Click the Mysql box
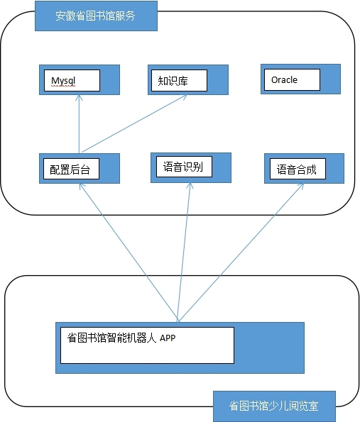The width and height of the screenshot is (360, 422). click(x=80, y=79)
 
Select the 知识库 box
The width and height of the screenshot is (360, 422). click(x=188, y=79)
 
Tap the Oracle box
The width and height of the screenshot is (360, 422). click(x=301, y=79)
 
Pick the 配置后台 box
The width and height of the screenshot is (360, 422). click(x=80, y=169)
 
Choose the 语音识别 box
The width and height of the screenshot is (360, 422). click(x=191, y=167)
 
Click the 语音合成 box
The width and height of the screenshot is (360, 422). click(x=304, y=169)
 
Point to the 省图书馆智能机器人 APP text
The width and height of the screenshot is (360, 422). click(x=121, y=338)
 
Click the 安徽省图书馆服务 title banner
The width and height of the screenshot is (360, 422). click(x=96, y=16)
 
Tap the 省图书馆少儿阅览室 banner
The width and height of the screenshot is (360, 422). click(x=274, y=406)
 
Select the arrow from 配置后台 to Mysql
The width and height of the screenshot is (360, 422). click(x=79, y=124)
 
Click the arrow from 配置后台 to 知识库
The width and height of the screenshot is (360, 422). click(x=134, y=123)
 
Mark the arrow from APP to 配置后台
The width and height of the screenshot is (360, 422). click(x=129, y=252)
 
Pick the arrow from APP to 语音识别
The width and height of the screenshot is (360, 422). click(x=184, y=252)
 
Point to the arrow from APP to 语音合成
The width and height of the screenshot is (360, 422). click(x=241, y=252)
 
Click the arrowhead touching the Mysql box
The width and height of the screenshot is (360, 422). click(x=79, y=97)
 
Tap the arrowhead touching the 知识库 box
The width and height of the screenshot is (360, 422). click(x=184, y=97)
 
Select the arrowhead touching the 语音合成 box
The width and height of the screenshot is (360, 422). click(x=301, y=187)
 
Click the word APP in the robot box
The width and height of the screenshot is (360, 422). click(x=168, y=338)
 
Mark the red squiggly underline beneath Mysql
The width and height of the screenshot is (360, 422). click(x=63, y=86)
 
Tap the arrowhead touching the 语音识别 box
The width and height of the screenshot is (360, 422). click(x=190, y=185)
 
